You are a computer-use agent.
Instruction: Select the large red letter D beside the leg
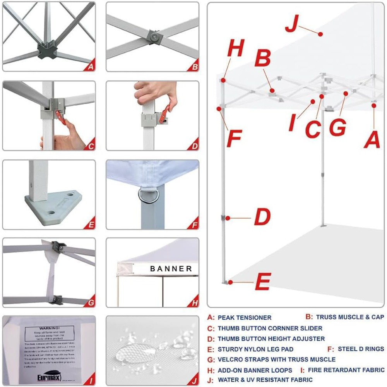262,217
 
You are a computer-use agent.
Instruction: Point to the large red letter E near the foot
263,282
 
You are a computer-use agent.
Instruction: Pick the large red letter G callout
337,128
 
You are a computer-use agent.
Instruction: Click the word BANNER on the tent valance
171,269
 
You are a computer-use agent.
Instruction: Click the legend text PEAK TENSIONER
245,318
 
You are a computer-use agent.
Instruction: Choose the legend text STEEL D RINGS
361,349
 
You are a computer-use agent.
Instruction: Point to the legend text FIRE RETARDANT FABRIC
346,370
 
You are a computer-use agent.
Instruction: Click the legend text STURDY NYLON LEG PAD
255,349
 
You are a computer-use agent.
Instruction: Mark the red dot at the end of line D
228,218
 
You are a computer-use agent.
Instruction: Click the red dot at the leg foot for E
230,282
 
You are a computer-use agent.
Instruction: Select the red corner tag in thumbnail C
91,146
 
